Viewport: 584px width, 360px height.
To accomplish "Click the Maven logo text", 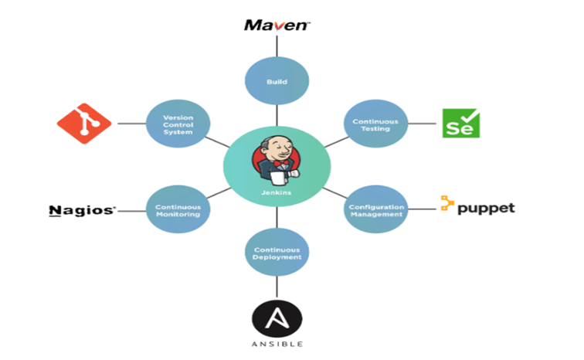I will tap(277, 25).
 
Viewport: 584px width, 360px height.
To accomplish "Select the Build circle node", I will tap(277, 80).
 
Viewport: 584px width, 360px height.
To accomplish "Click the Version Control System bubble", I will tap(178, 124).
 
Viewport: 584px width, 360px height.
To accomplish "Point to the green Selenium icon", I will tap(460, 123).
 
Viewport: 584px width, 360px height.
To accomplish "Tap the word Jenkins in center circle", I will tap(277, 192).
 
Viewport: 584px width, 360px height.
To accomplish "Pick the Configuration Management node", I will tap(375, 210).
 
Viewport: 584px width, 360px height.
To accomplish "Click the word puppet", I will tap(486, 208).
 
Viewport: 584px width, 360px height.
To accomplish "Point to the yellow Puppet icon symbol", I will tap(446, 204).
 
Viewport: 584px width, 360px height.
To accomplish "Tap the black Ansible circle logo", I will tap(277, 319).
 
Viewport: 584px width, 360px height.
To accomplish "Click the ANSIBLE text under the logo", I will tap(277, 344).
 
